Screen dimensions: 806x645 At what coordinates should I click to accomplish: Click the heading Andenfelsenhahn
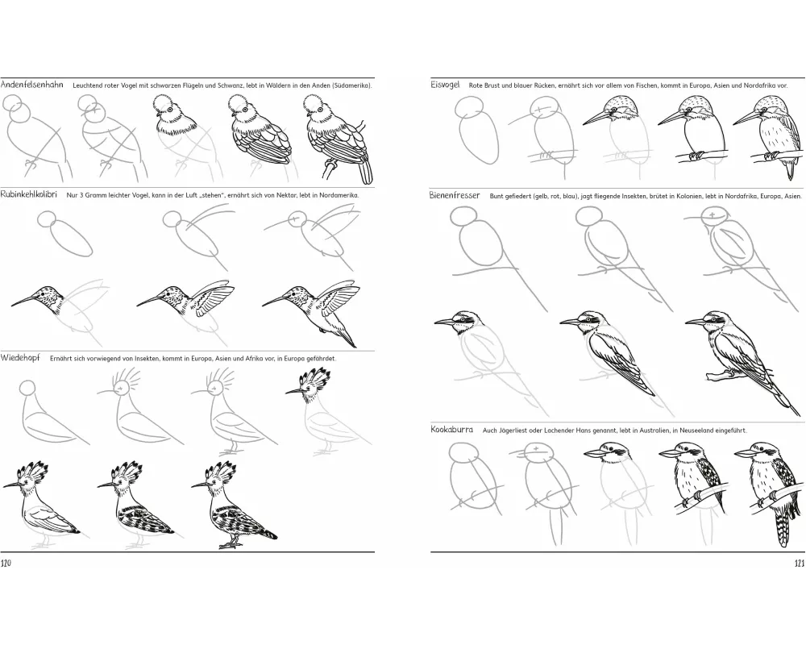[32, 85]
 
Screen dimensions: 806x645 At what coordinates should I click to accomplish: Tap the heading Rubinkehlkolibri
[29, 195]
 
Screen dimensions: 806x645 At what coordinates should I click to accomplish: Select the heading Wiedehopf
[22, 358]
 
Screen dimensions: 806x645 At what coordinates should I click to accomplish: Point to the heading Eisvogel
[445, 85]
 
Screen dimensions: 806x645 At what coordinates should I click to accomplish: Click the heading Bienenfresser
[455, 195]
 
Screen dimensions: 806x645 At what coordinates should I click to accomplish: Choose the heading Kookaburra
[452, 430]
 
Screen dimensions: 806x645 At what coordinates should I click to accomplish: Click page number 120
[6, 564]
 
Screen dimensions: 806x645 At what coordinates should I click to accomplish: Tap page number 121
[799, 564]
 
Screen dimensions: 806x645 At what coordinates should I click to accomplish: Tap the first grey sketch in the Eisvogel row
[476, 131]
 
